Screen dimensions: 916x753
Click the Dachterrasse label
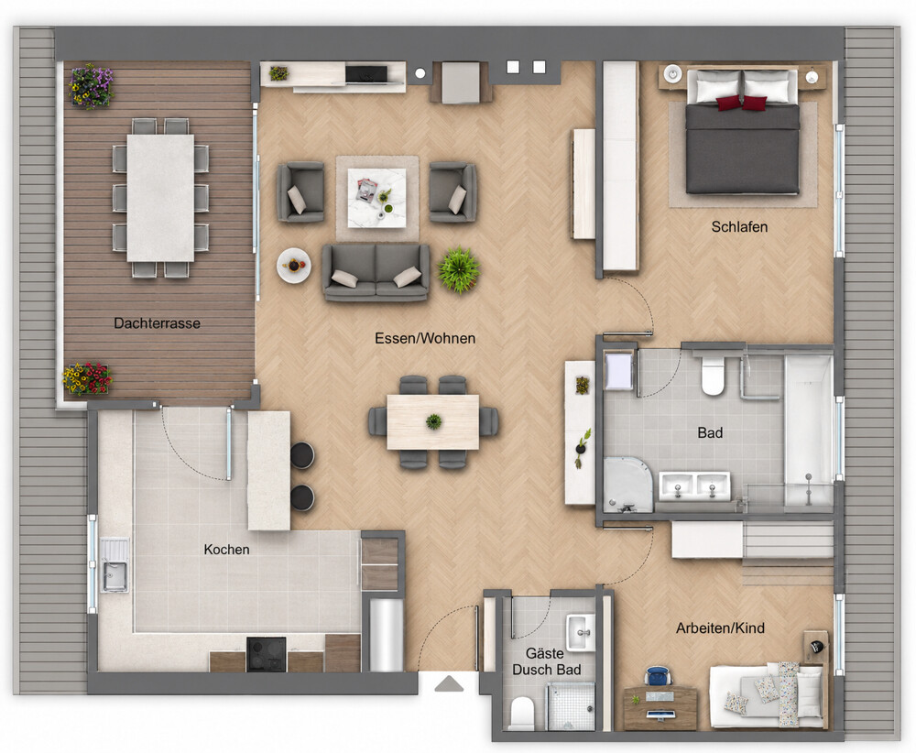pyautogui.click(x=158, y=323)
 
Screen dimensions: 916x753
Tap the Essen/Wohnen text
pyautogui.click(x=425, y=338)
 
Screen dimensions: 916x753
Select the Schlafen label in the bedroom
pyautogui.click(x=739, y=226)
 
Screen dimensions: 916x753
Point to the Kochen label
pyautogui.click(x=226, y=549)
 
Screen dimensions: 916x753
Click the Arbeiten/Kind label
pyautogui.click(x=720, y=628)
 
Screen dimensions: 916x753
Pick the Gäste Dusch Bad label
pyautogui.click(x=547, y=661)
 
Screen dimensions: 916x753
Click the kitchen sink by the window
pyautogui.click(x=114, y=564)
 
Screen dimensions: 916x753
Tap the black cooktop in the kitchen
pyautogui.click(x=267, y=654)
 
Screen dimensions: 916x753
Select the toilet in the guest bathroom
pyautogui.click(x=522, y=713)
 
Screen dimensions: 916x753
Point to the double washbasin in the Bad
pyautogui.click(x=694, y=486)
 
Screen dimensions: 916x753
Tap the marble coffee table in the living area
pyautogui.click(x=376, y=198)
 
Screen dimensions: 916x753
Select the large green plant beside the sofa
pyautogui.click(x=459, y=269)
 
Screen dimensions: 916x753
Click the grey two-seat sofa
pyautogui.click(x=376, y=272)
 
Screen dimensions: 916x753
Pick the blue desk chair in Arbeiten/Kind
pyautogui.click(x=659, y=676)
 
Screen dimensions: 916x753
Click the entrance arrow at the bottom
pyautogui.click(x=449, y=683)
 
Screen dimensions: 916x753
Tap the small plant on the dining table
pyautogui.click(x=433, y=421)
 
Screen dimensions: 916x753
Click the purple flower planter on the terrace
pyautogui.click(x=91, y=86)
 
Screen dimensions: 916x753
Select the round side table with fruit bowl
pyautogui.click(x=293, y=266)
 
